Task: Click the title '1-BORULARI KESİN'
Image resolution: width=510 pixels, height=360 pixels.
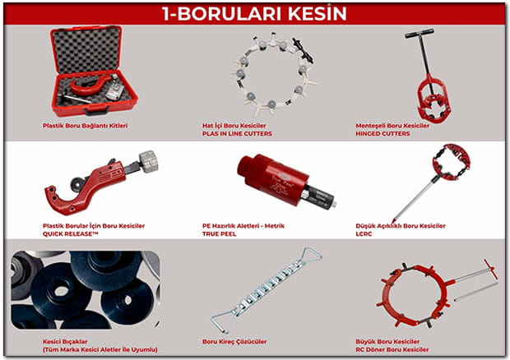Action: [254, 14]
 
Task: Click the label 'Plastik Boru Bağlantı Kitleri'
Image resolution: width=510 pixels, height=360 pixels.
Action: [86, 126]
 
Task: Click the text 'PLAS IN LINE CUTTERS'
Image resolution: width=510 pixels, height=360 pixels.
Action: [237, 133]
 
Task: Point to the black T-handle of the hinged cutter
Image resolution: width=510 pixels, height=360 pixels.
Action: [420, 33]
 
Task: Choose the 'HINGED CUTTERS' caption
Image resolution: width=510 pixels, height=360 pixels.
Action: [382, 133]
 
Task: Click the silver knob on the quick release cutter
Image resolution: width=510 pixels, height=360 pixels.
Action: [149, 161]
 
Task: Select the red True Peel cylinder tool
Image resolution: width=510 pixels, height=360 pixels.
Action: [272, 178]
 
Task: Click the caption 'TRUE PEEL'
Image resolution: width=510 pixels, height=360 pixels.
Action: [220, 234]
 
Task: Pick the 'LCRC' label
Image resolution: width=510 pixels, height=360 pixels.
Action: [364, 234]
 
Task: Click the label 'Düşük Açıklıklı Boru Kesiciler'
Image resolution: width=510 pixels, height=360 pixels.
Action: [401, 226]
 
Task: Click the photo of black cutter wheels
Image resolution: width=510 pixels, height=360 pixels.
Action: [86, 290]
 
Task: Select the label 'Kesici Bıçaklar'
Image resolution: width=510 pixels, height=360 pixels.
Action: [65, 341]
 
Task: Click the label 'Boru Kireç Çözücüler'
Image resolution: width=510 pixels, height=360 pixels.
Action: [234, 341]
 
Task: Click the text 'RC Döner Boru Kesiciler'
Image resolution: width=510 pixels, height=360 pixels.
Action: [392, 349]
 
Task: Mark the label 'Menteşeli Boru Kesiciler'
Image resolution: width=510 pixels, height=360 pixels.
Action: [392, 126]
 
